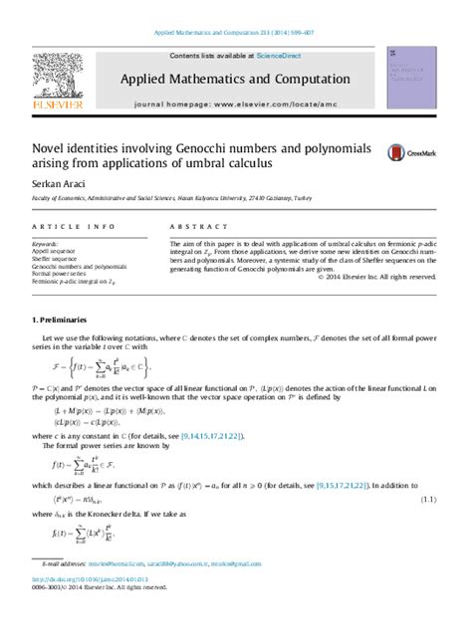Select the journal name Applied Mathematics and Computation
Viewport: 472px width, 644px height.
(235, 79)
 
